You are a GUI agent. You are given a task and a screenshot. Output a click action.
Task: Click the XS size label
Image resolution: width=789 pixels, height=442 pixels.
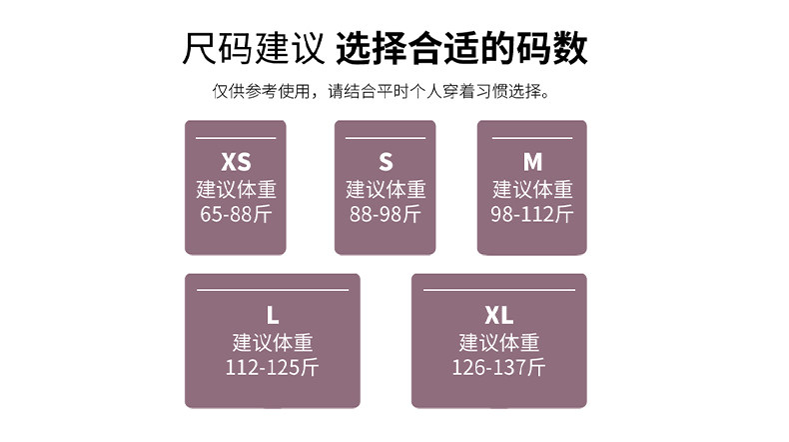[x=236, y=162]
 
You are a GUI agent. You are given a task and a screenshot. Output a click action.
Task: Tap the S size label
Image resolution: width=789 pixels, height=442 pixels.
[x=386, y=162]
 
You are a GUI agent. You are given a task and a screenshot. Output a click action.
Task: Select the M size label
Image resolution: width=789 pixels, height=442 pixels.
[x=532, y=162]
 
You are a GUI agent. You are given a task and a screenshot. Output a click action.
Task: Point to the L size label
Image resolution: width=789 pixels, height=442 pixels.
[x=273, y=315]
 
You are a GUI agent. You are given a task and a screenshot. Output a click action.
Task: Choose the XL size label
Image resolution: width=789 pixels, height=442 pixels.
[x=499, y=315]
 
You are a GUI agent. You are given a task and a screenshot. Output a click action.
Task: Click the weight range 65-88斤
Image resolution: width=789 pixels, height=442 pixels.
[x=236, y=214]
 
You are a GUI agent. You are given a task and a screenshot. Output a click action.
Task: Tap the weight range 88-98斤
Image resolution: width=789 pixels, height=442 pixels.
[x=386, y=214]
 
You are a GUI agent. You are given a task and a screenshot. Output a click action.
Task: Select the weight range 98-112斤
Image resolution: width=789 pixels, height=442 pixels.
[x=532, y=214]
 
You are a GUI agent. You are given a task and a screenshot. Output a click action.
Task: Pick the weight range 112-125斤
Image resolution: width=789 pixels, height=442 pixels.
[x=273, y=367]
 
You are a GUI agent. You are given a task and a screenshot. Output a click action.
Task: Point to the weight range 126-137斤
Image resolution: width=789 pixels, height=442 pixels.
[x=499, y=367]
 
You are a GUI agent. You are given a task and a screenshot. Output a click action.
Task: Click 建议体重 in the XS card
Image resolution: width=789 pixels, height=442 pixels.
[x=236, y=190]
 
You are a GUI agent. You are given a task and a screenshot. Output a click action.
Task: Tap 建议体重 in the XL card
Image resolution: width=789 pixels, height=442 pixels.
[x=499, y=343]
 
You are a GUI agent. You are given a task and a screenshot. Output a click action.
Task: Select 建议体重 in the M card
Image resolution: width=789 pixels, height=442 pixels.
[x=532, y=190]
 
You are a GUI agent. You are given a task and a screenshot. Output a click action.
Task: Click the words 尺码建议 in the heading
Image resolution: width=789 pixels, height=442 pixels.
[x=253, y=48]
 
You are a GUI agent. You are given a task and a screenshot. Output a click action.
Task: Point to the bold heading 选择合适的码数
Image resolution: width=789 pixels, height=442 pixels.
[x=461, y=48]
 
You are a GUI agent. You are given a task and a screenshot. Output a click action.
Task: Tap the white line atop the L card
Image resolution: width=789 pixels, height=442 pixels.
[x=273, y=290]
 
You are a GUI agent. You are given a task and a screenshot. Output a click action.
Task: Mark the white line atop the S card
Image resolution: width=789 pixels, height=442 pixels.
[x=386, y=138]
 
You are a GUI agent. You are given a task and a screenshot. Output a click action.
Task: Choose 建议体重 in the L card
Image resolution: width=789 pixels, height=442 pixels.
[x=273, y=343]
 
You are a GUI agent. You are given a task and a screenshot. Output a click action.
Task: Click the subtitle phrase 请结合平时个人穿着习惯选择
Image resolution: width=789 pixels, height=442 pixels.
[x=435, y=91]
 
